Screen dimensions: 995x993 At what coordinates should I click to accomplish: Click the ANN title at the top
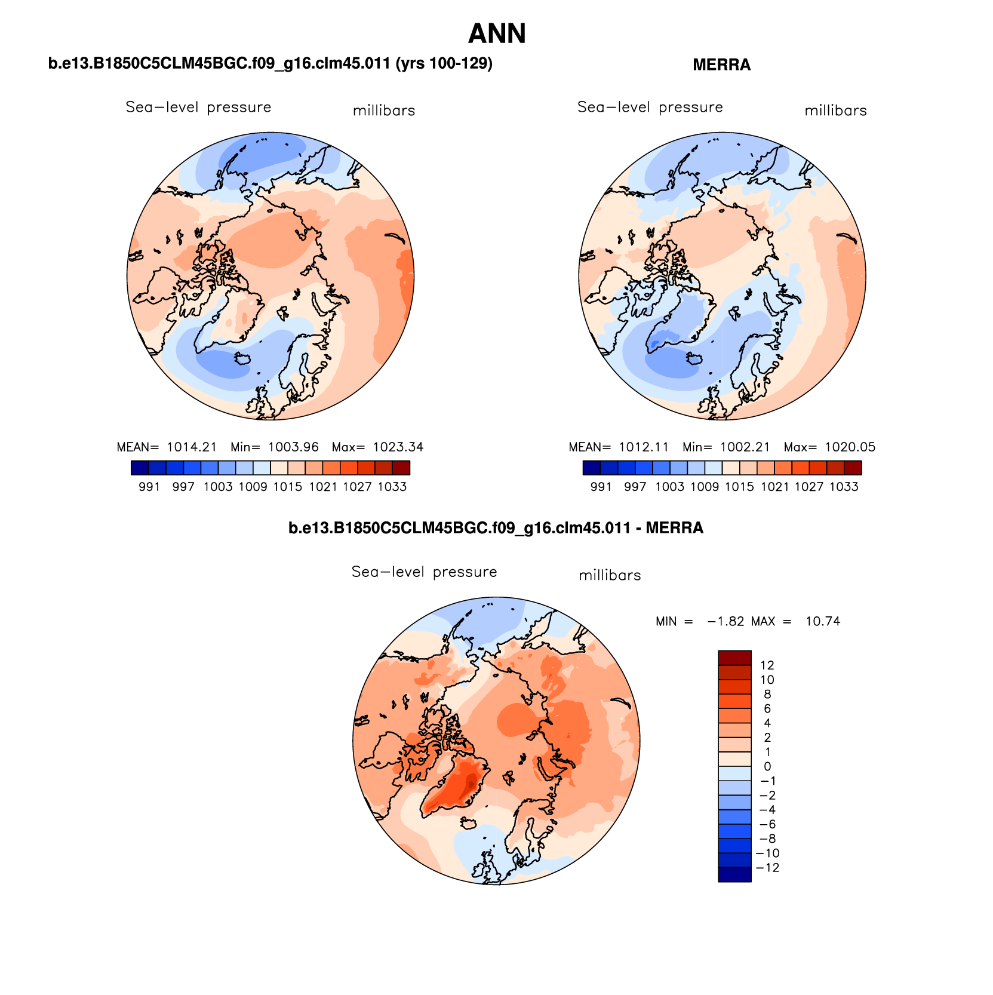pyautogui.click(x=496, y=34)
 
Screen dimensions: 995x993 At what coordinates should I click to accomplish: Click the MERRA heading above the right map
pyautogui.click(x=721, y=65)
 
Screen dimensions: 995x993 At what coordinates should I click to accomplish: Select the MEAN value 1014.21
pyautogui.click(x=192, y=447)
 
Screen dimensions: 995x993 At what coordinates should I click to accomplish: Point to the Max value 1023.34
pyautogui.click(x=398, y=447)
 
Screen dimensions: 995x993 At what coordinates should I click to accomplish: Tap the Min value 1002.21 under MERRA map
pyautogui.click(x=745, y=447)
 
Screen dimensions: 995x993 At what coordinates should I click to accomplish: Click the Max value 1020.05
pyautogui.click(x=850, y=447)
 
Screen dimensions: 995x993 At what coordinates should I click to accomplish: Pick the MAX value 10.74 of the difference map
pyautogui.click(x=822, y=622)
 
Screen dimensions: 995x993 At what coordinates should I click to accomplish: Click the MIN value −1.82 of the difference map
pyautogui.click(x=725, y=622)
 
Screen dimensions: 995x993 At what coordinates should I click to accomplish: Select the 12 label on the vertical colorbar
pyautogui.click(x=767, y=665)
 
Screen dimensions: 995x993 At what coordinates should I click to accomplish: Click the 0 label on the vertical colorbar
pyautogui.click(x=767, y=767)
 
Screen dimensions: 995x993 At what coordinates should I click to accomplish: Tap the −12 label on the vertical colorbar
pyautogui.click(x=767, y=868)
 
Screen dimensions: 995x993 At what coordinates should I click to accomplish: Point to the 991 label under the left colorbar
pyautogui.click(x=149, y=487)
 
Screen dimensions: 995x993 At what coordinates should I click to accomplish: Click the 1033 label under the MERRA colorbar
pyautogui.click(x=844, y=487)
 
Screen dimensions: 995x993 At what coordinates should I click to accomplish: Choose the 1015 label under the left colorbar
pyautogui.click(x=288, y=487)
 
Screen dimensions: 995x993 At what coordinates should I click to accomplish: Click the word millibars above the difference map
pyautogui.click(x=610, y=576)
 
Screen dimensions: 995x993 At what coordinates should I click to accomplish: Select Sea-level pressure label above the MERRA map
pyautogui.click(x=650, y=108)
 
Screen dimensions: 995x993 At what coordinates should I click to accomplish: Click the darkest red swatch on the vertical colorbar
pyautogui.click(x=734, y=658)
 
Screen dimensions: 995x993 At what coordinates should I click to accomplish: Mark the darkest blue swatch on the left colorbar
pyautogui.click(x=140, y=468)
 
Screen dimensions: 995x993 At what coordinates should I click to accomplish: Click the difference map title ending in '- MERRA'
pyautogui.click(x=496, y=529)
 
